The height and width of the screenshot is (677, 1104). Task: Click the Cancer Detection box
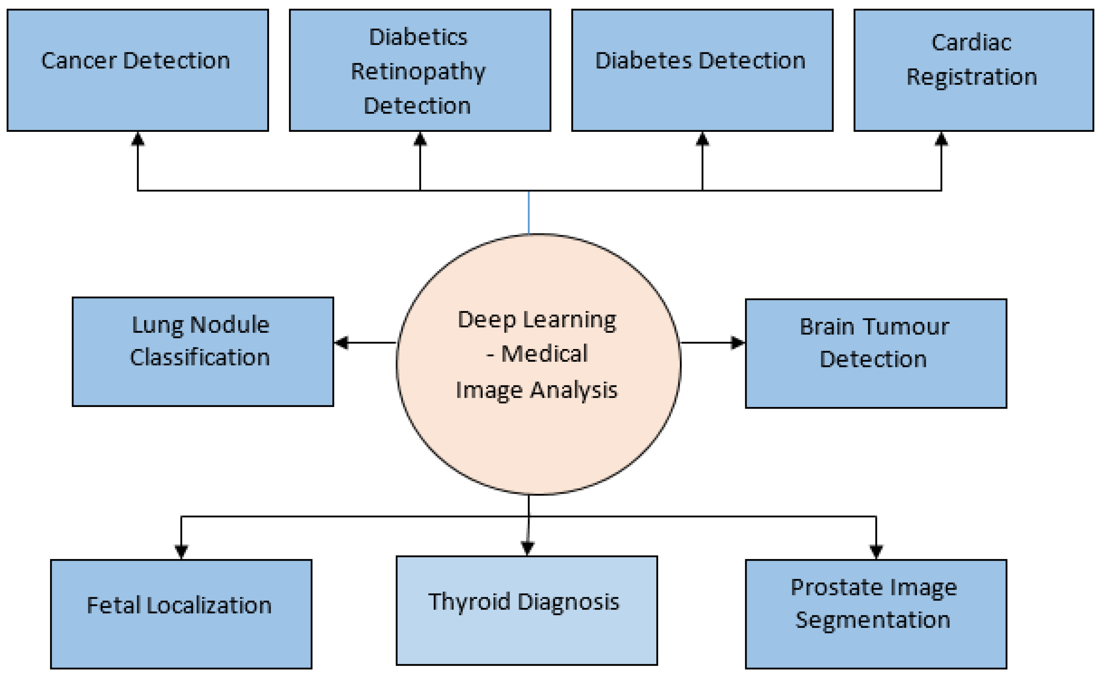(137, 70)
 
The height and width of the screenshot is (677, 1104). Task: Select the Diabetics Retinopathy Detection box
(420, 70)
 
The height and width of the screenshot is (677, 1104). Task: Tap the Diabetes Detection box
(702, 70)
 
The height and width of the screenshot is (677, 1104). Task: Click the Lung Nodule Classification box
(202, 352)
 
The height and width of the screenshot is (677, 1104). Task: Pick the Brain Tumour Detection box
(876, 353)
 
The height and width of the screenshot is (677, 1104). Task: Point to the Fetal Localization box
(181, 614)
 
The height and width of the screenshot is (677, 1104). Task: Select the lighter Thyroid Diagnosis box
(526, 611)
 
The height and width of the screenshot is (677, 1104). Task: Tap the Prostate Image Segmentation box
(876, 614)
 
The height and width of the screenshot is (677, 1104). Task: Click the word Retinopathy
(418, 72)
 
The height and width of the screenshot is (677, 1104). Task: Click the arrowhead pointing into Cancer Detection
(137, 139)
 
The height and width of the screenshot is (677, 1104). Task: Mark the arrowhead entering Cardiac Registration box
(941, 139)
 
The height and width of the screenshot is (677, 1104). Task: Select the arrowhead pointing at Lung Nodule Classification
(341, 343)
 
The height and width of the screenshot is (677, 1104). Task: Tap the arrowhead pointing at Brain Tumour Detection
(738, 343)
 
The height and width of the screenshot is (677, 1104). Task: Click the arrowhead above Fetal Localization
(181, 551)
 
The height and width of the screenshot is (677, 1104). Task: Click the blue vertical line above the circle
(529, 213)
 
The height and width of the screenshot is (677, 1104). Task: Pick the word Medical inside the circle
(544, 353)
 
